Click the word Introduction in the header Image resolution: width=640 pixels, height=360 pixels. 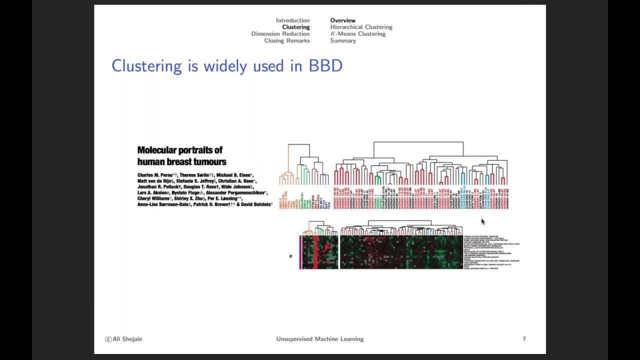(x=292, y=20)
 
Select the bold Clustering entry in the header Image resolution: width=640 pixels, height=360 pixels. (x=295, y=27)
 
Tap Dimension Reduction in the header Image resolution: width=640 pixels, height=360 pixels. (x=280, y=34)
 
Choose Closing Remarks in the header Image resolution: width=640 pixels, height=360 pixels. (x=286, y=40)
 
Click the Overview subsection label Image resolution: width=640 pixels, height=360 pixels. (x=342, y=20)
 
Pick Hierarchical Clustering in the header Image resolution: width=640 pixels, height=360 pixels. (x=361, y=27)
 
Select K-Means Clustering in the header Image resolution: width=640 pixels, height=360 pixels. (x=357, y=34)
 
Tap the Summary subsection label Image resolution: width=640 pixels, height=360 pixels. (x=342, y=40)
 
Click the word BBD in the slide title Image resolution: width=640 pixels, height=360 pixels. (x=325, y=65)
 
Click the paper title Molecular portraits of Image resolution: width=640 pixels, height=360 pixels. (x=179, y=150)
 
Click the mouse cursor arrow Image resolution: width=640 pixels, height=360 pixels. (x=483, y=221)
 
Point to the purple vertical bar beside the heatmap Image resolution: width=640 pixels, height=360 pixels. (x=300, y=252)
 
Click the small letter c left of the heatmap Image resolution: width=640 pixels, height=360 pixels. (x=290, y=256)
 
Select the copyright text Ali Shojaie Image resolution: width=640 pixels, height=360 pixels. (x=123, y=339)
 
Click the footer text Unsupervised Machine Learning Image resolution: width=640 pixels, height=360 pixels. (x=319, y=339)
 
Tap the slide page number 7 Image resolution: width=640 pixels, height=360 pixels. (x=524, y=339)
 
